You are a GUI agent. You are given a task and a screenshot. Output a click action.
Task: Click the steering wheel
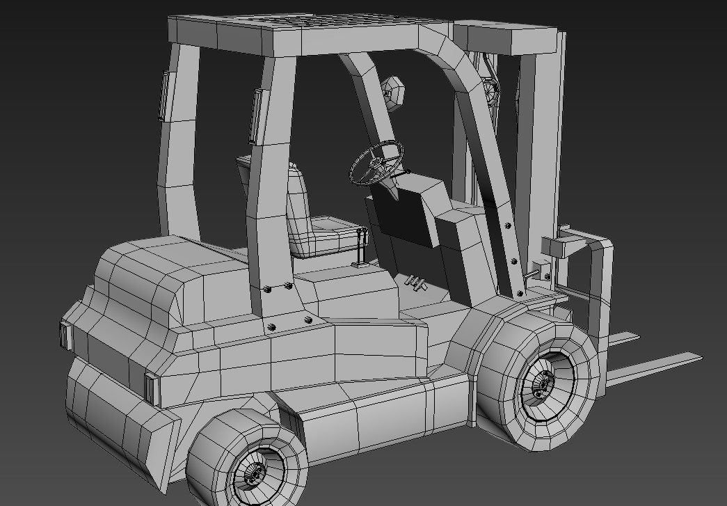(x=376, y=161)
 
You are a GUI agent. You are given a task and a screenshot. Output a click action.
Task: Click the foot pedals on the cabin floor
(x=416, y=283)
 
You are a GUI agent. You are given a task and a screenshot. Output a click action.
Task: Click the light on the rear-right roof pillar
(x=256, y=116)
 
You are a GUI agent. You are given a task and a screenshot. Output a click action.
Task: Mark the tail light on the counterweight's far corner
(x=66, y=335)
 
